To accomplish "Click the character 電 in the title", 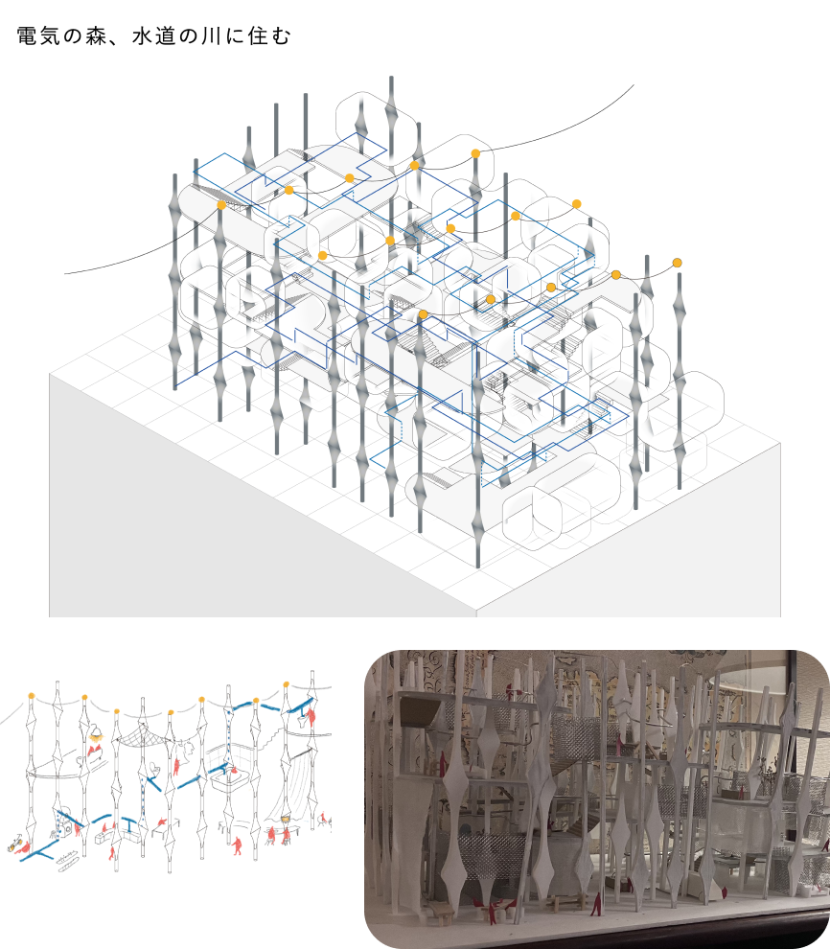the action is tap(27, 36).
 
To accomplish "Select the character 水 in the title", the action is tap(143, 36).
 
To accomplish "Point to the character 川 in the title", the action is tap(213, 36).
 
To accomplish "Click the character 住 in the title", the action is tap(257, 36).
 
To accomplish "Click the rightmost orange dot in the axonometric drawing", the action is tap(678, 263).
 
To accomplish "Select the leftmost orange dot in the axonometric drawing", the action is tap(221, 205).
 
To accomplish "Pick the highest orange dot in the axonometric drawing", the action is tap(475, 153).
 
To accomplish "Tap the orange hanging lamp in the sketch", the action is tap(96, 735).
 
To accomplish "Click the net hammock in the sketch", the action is tap(141, 737).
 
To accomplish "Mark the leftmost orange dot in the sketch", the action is tap(32, 696).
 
